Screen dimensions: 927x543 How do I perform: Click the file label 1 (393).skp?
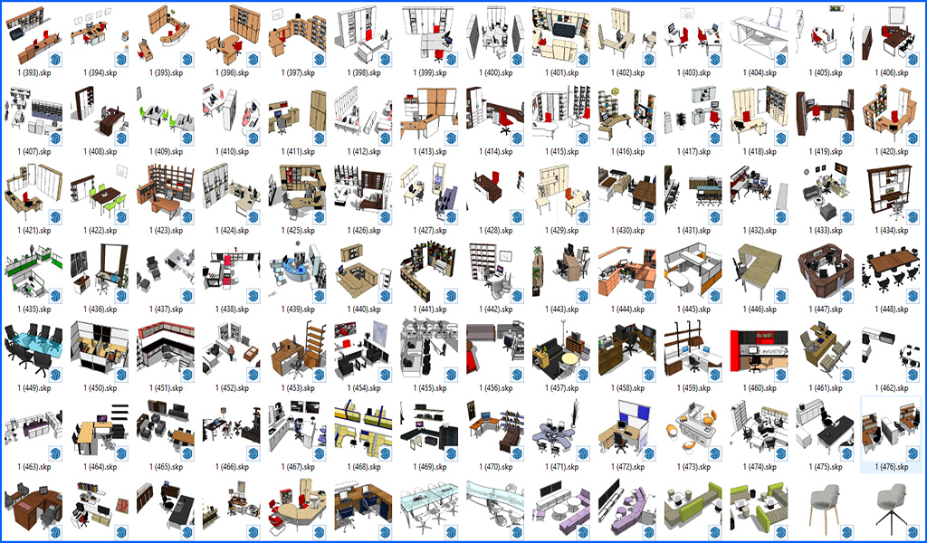[34, 73]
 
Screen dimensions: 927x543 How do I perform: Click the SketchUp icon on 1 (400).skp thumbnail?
[517, 59]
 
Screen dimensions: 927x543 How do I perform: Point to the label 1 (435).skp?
[34, 310]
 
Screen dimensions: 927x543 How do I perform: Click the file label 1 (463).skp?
[34, 467]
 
